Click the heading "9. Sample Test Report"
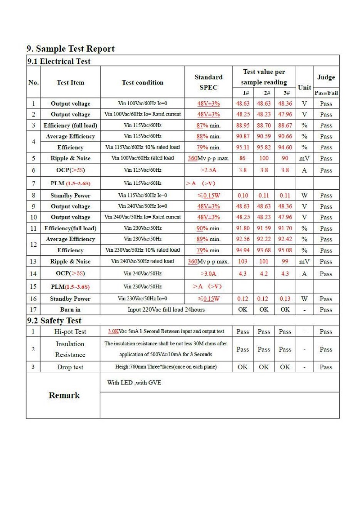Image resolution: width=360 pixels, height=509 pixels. click(71, 49)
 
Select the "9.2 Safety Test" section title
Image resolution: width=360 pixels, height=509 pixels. click(54, 321)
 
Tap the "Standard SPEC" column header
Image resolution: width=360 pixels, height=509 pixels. click(208, 82)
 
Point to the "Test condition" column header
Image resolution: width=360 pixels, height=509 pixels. click(142, 82)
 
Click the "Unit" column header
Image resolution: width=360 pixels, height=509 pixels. click(304, 87)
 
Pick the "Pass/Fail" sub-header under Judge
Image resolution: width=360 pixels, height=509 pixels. click(326, 93)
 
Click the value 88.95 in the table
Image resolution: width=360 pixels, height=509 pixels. click(243, 125)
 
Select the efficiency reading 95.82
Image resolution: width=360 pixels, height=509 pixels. click(264, 147)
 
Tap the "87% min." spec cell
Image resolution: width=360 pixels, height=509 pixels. click(208, 125)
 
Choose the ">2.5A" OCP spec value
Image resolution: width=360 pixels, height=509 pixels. click(208, 170)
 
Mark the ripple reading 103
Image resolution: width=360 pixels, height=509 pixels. click(243, 261)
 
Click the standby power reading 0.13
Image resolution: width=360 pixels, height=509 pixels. click(285, 299)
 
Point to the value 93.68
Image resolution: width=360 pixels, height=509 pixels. click(264, 250)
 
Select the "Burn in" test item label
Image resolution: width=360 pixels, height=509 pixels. click(70, 309)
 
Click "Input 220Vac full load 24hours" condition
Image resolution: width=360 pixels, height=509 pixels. click(166, 309)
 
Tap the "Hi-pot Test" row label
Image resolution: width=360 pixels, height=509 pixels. click(70, 331)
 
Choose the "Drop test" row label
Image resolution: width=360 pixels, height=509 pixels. click(70, 367)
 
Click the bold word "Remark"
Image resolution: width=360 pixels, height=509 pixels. click(64, 395)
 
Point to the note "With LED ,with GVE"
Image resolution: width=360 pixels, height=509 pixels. click(134, 383)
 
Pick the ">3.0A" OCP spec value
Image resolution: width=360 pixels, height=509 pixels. click(208, 273)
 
